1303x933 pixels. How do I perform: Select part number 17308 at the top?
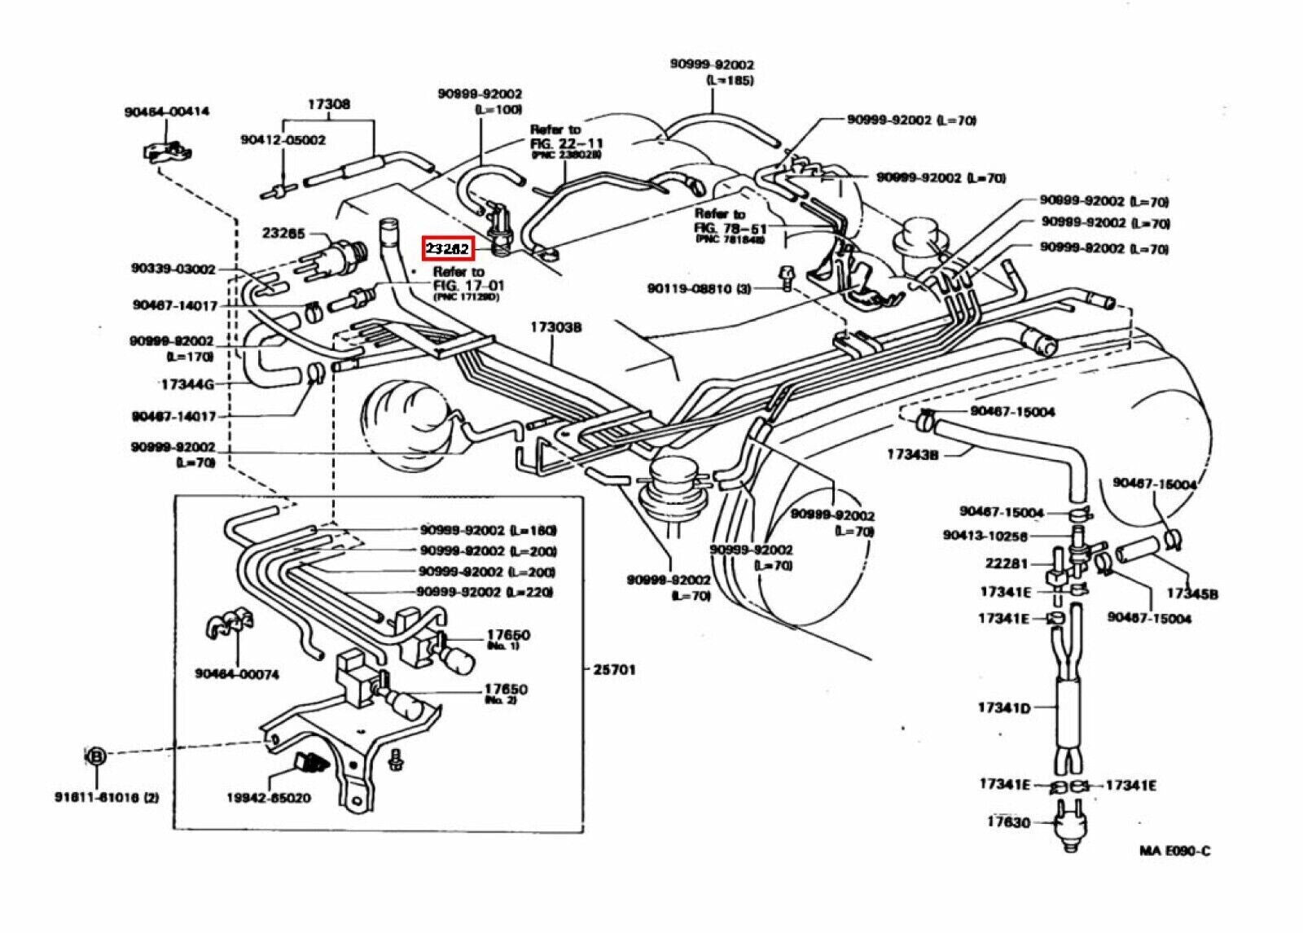click(329, 104)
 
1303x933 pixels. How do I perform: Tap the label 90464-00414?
click(166, 112)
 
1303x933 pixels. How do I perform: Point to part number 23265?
click(283, 234)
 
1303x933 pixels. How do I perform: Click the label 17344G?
click(187, 383)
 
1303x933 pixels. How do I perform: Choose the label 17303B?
click(556, 327)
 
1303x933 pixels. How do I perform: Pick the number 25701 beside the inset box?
click(614, 670)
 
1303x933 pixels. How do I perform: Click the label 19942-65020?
click(269, 798)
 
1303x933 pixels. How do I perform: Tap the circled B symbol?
click(95, 756)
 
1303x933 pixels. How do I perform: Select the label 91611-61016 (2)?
click(107, 797)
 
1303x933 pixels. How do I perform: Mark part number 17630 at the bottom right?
click(1008, 822)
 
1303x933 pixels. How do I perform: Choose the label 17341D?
click(1004, 708)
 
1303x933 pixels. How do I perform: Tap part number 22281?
click(1007, 563)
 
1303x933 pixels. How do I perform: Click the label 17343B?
click(912, 455)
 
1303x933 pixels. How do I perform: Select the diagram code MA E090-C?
click(1174, 851)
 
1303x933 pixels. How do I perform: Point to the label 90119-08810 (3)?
click(699, 289)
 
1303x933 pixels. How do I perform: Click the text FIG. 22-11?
click(566, 142)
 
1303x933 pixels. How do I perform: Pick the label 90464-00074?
click(237, 673)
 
